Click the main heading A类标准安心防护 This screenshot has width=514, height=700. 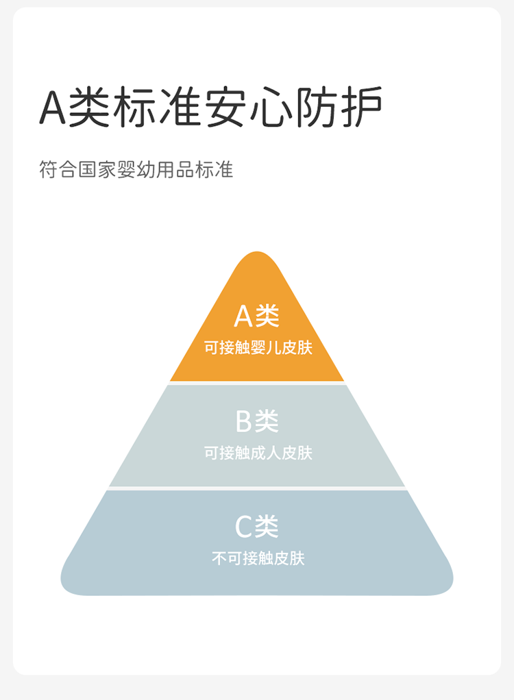pos(210,108)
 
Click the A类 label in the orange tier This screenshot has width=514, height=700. pos(257,316)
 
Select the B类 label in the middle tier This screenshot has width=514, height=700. pos(257,421)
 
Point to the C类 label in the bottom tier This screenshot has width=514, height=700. pos(257,527)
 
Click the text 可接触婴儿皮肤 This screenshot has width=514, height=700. pos(258,348)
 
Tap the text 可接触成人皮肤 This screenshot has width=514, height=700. pos(258,453)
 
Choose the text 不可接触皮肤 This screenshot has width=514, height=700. pos(258,559)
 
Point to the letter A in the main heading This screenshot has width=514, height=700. pos(52,108)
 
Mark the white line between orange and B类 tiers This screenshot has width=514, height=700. pos(257,383)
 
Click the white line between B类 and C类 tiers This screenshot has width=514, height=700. pos(257,488)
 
